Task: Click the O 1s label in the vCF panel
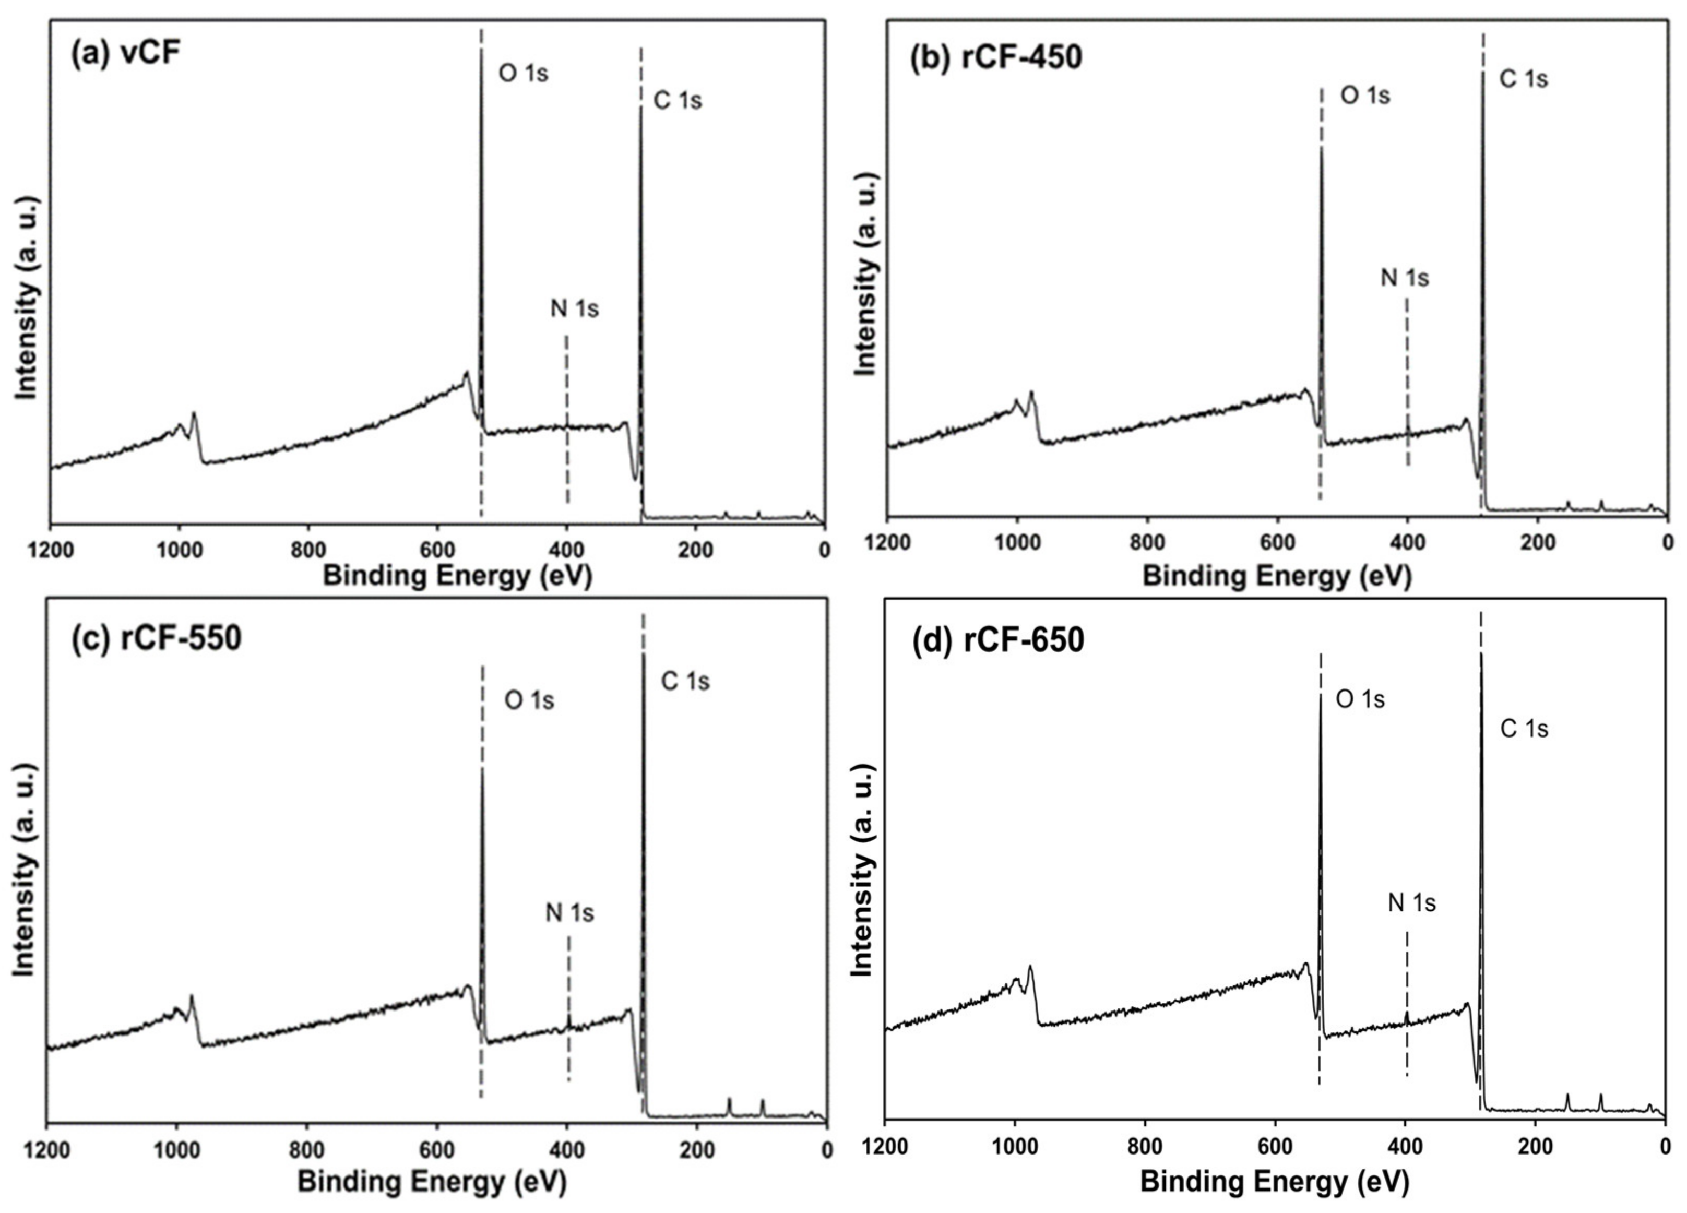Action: (523, 74)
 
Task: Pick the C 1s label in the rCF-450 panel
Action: (1523, 79)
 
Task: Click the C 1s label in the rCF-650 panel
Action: (1523, 729)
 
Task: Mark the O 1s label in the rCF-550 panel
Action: (529, 700)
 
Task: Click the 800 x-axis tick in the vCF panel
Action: (308, 550)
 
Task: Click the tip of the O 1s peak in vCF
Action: (481, 51)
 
